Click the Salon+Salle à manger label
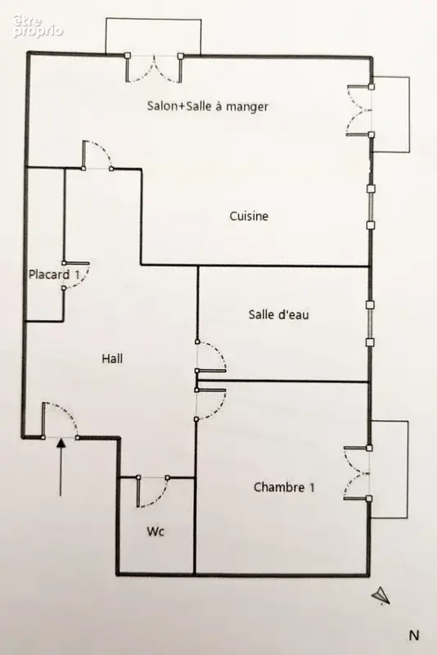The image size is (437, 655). coord(207,106)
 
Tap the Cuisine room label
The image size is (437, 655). coord(249,216)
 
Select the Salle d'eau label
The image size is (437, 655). coord(278,314)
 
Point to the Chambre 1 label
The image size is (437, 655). coord(284,487)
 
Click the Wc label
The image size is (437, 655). coord(155,531)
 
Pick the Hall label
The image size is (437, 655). coord(112,359)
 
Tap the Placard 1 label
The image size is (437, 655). coord(54,275)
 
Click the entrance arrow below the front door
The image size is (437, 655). coord(61,467)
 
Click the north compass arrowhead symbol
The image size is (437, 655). coord(381,595)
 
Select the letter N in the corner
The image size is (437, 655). coord(413,635)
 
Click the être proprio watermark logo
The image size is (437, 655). coord(38,26)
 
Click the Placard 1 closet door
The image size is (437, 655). coord(79,276)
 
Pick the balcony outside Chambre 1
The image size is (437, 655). coord(389,469)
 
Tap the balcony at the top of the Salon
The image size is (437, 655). coord(153,36)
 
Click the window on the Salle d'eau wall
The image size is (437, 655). coord(370,323)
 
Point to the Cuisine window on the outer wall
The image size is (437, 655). coord(371,207)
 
